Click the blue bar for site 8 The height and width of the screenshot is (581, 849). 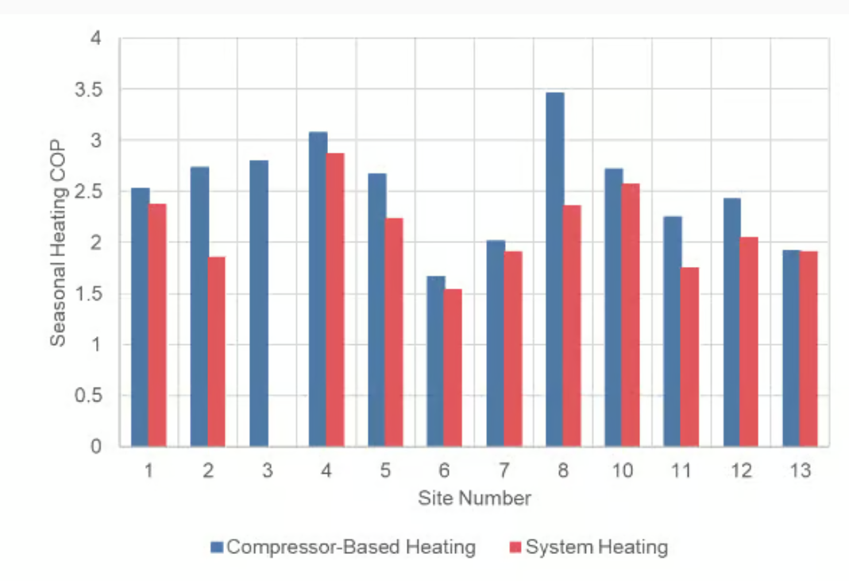coord(554,269)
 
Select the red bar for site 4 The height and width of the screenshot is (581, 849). coord(335,300)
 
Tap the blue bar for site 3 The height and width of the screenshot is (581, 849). coord(259,303)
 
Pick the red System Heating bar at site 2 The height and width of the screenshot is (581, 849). coord(217,351)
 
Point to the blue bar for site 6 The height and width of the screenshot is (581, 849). coord(436,361)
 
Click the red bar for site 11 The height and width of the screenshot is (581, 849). coord(690,357)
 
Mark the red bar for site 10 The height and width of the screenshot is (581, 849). coord(631,315)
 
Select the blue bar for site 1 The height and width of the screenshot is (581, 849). coord(141,317)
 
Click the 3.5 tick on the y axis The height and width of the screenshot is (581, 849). coord(89,90)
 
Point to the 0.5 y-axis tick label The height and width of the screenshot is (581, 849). coord(89,396)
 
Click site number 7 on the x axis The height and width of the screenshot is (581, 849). coord(504,471)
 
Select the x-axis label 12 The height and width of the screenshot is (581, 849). coord(740,471)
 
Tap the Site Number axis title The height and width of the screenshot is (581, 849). coord(474,498)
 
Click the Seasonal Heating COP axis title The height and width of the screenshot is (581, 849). coord(58,242)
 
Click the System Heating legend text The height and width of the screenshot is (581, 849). coord(596,547)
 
